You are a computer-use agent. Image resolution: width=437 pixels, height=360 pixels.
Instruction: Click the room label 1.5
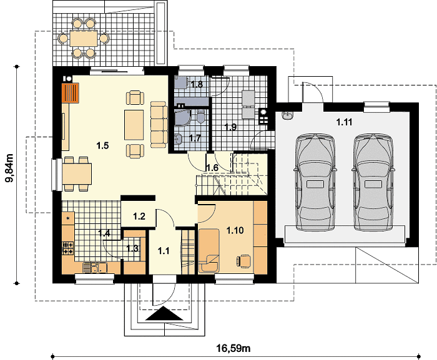pos(102,145)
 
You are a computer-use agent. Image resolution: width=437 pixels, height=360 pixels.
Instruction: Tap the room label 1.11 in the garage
pos(344,122)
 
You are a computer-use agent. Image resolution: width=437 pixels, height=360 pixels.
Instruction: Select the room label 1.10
pos(235,230)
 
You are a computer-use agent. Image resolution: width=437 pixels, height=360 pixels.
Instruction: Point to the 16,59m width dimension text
pos(233,348)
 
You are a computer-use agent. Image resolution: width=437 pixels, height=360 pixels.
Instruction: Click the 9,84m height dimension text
pos(9,168)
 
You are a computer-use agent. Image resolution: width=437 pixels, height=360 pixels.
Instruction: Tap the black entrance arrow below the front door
pos(164,314)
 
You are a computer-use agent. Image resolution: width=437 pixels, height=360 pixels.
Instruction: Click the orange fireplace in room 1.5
pos(70,93)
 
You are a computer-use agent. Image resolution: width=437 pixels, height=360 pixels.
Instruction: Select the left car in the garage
pos(315,183)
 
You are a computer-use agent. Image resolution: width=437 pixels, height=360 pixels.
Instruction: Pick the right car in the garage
pos(374,183)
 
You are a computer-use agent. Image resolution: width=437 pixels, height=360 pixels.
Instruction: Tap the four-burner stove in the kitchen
pos(68,248)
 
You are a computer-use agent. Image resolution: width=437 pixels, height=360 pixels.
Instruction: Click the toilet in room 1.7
pos(200,117)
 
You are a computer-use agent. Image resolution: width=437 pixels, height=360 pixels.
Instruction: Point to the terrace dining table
pos(84,38)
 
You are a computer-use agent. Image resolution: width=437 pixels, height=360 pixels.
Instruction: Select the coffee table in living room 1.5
pos(134,125)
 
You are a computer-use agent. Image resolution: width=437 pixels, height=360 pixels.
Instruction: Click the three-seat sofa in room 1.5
pos(159,124)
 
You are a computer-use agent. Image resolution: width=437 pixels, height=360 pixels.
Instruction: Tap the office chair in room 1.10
pos(243,261)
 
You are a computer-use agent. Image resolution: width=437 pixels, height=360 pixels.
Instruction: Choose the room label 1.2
pos(139,216)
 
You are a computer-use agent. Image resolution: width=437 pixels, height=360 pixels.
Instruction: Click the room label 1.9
pos(230,127)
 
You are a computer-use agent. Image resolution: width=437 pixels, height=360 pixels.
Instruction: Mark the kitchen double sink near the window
pos(95,268)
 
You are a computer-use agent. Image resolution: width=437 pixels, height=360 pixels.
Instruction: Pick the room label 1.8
pos(197,84)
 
